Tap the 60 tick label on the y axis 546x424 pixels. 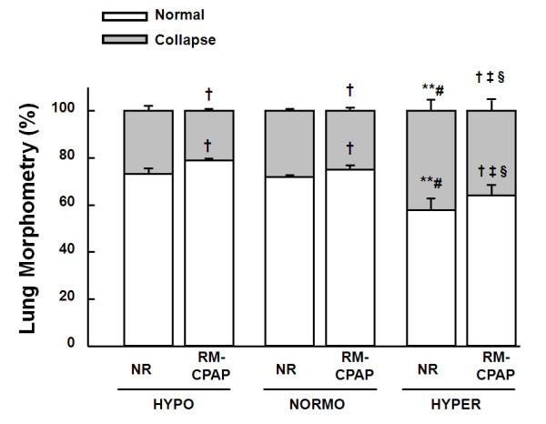pyautogui.click(x=69, y=205)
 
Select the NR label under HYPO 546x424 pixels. pyautogui.click(x=147, y=371)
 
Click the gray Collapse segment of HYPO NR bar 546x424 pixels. pyautogui.click(x=147, y=142)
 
